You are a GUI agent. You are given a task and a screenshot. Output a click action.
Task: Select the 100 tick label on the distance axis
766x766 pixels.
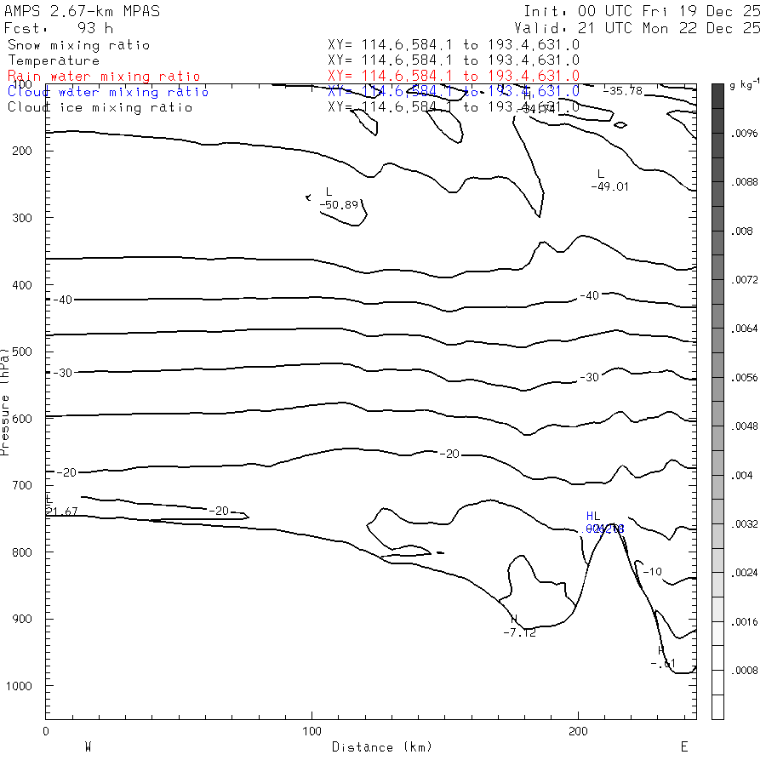(312, 731)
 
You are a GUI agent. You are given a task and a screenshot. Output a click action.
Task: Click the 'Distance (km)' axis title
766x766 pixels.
(382, 747)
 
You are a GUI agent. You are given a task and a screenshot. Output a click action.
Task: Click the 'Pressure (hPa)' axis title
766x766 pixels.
(6, 400)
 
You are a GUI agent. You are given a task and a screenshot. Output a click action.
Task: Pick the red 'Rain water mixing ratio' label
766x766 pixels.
(104, 77)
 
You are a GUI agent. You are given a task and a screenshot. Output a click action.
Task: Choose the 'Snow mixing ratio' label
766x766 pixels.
(78, 45)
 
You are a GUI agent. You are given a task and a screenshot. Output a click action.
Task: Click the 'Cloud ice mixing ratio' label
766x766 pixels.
(100, 107)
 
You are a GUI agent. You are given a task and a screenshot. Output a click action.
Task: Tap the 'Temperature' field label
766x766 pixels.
(54, 60)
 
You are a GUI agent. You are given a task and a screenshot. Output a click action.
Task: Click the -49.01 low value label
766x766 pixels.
(609, 186)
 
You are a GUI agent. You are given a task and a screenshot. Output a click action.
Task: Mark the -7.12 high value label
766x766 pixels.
(519, 632)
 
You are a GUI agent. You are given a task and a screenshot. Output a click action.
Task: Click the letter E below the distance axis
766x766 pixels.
(683, 747)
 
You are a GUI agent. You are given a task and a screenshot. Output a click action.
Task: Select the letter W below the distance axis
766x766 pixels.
(88, 747)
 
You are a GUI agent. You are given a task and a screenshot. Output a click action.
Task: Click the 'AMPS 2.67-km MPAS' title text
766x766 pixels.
(82, 11)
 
